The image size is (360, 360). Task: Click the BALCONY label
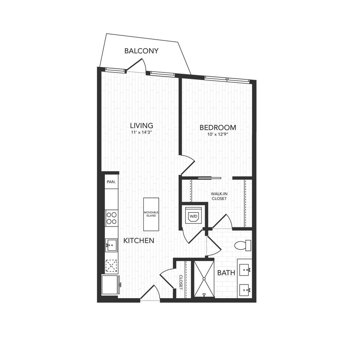tap(141, 51)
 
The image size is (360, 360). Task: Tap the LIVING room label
tap(142, 125)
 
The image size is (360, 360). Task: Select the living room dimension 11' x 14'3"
tap(142, 133)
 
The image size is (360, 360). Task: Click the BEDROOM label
tap(218, 128)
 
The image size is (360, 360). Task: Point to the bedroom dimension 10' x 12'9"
tap(218, 135)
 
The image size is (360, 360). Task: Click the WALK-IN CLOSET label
tap(218, 196)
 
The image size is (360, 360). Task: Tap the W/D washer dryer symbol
tap(193, 217)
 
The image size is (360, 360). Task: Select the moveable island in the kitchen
tap(151, 213)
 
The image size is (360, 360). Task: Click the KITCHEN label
tap(139, 241)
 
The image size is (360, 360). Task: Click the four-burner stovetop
tap(112, 218)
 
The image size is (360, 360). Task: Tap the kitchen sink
tap(111, 245)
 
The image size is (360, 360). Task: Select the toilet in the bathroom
tap(243, 245)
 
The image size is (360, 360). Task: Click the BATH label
tap(226, 273)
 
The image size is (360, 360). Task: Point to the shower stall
tap(204, 279)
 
